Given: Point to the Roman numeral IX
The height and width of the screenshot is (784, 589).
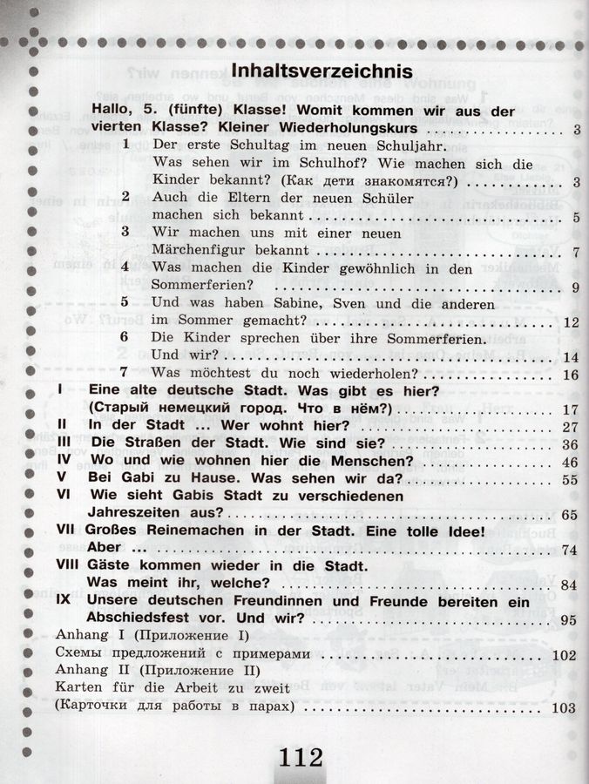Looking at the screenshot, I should (63, 601).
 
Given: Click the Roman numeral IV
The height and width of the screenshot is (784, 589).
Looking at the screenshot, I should (63, 461).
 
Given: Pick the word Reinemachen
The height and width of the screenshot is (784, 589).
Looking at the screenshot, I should (201, 531).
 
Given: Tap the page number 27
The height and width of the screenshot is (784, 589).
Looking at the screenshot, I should (571, 427).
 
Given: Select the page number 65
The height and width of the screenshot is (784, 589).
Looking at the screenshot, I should (571, 516).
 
